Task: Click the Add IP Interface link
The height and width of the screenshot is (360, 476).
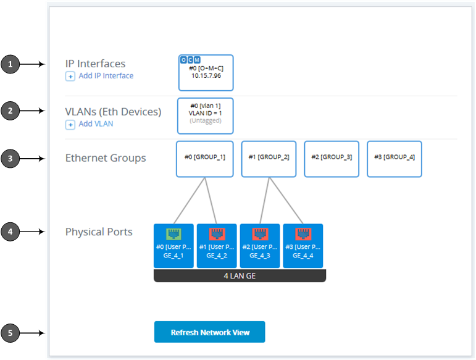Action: [x=106, y=76]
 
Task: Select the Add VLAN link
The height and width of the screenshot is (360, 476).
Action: [x=96, y=124]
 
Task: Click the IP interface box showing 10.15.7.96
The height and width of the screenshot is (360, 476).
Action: [x=206, y=72]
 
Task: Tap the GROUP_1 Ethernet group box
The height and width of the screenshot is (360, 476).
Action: [x=204, y=158]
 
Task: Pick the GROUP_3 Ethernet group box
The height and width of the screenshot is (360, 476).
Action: [x=332, y=158]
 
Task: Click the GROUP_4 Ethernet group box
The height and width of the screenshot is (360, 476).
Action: [x=395, y=158]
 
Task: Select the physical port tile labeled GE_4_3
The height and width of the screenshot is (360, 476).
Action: [x=260, y=246]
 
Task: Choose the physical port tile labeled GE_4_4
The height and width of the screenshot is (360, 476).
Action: [x=303, y=246]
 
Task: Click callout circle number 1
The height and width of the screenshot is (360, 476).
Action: [x=10, y=64]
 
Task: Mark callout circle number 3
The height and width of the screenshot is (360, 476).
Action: [x=10, y=159]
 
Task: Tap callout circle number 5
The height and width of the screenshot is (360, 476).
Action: [x=10, y=333]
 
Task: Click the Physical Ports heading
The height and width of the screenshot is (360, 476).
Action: [x=99, y=232]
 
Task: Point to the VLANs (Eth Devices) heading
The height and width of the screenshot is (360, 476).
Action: [x=113, y=112]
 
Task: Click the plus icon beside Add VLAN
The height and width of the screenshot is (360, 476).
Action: [x=70, y=125]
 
